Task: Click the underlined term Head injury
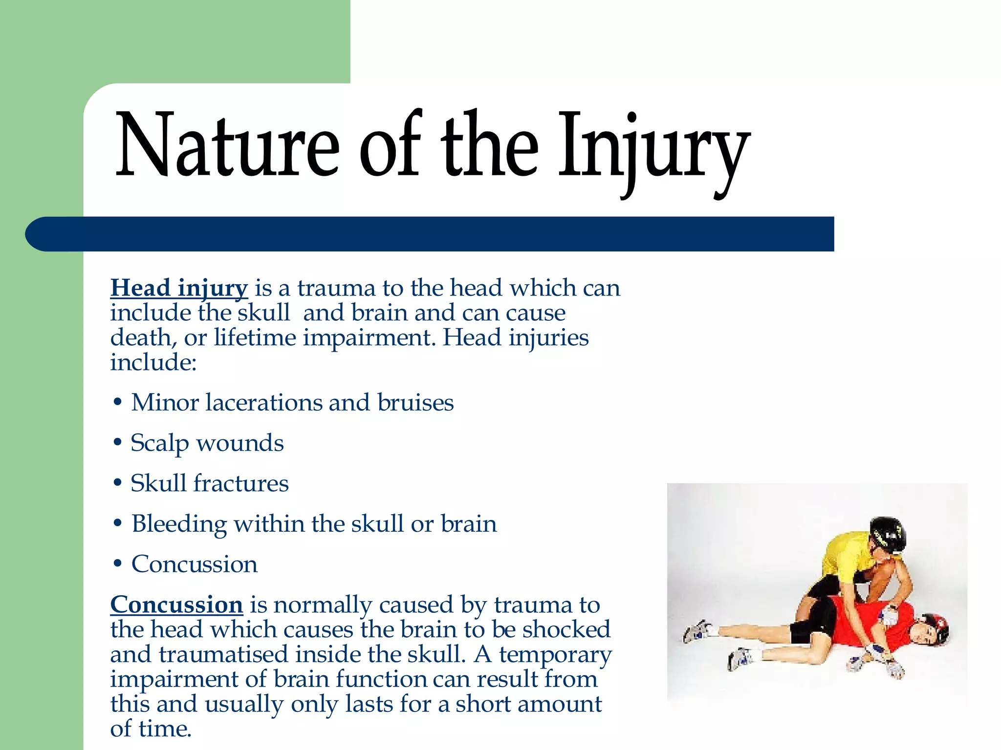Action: pyautogui.click(x=179, y=288)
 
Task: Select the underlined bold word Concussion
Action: pyautogui.click(x=176, y=605)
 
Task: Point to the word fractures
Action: pyautogui.click(x=241, y=483)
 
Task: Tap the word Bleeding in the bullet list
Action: pyautogui.click(x=179, y=524)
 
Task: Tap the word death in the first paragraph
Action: pyautogui.click(x=140, y=337)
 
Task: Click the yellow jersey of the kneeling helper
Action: pyautogui.click(x=846, y=557)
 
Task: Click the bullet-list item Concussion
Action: pyautogui.click(x=194, y=564)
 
